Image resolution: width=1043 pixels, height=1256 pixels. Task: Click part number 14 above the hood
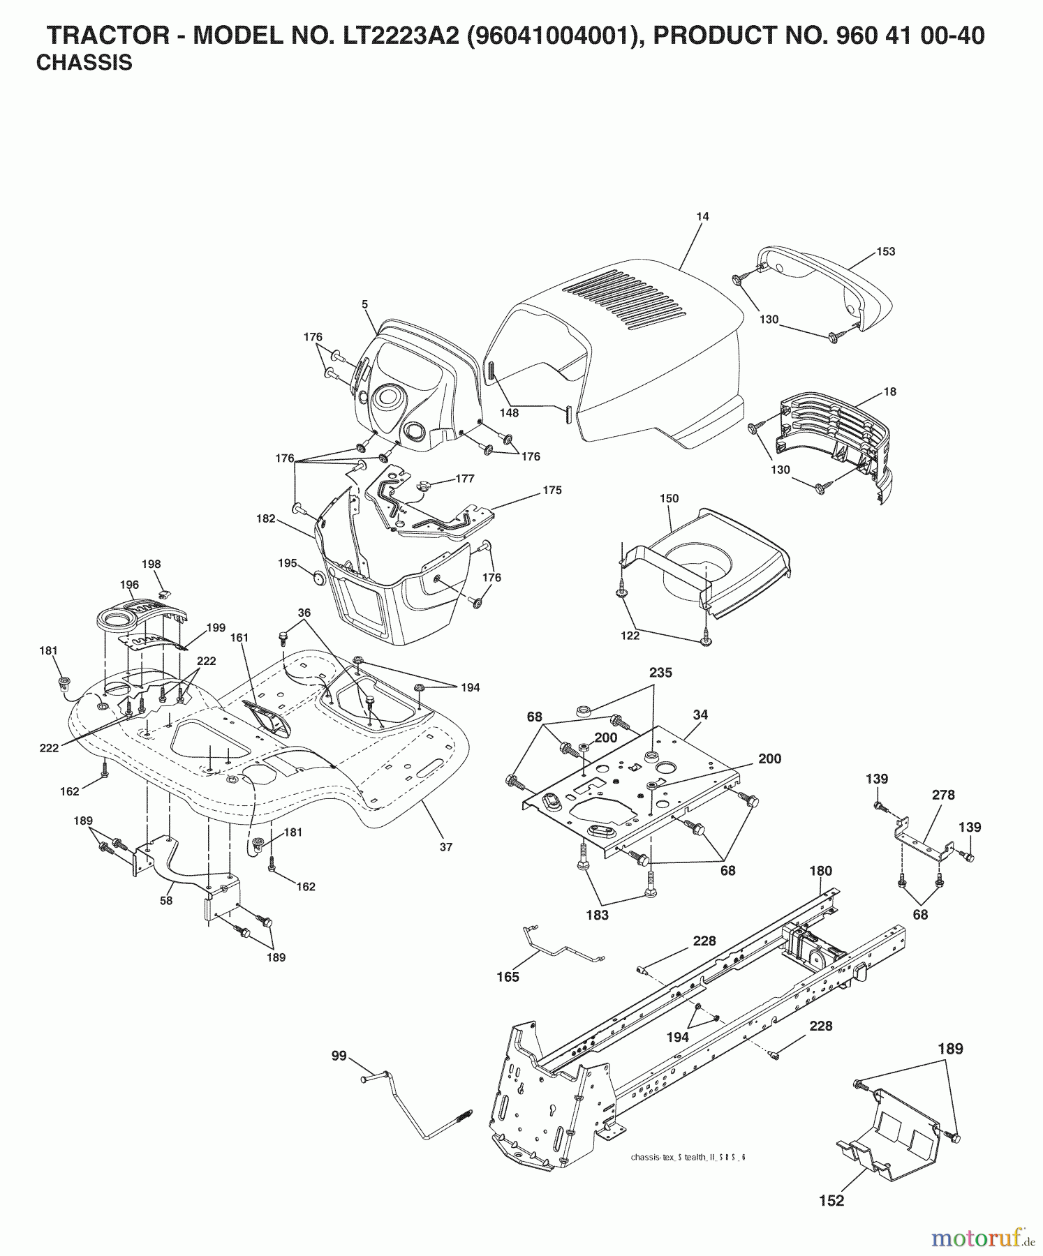point(702,217)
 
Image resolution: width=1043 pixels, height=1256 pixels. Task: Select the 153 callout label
point(885,252)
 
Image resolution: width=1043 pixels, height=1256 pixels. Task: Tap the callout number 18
point(890,392)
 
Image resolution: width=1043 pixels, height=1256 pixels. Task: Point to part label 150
point(669,499)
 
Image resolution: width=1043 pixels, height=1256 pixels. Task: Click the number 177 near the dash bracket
point(464,479)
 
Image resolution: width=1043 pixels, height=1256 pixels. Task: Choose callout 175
point(552,491)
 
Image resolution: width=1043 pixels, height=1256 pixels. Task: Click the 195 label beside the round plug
point(288,563)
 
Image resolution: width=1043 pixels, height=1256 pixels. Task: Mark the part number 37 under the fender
point(446,847)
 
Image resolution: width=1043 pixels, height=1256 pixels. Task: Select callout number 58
point(165,901)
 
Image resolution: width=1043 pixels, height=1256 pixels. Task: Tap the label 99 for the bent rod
point(339,1057)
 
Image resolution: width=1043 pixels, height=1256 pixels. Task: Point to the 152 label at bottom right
point(831,1201)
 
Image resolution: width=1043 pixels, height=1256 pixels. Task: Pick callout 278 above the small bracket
point(942,795)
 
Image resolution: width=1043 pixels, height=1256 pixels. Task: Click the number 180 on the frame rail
point(821,871)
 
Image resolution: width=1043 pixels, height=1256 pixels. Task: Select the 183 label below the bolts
point(598,915)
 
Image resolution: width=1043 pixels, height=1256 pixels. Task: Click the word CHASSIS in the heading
point(84,63)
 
